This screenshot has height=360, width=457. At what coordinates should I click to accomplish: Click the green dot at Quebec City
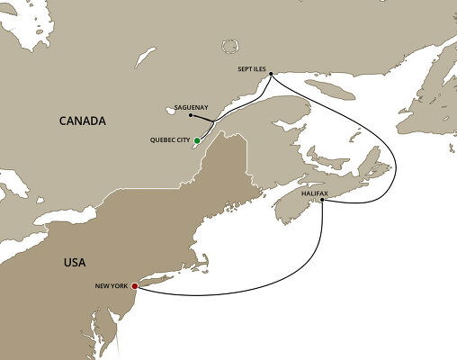coord(196,140)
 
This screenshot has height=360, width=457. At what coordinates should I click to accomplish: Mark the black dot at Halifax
coord(322,202)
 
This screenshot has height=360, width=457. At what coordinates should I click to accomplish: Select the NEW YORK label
coord(112,286)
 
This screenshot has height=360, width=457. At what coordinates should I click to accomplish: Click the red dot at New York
coord(135,287)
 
